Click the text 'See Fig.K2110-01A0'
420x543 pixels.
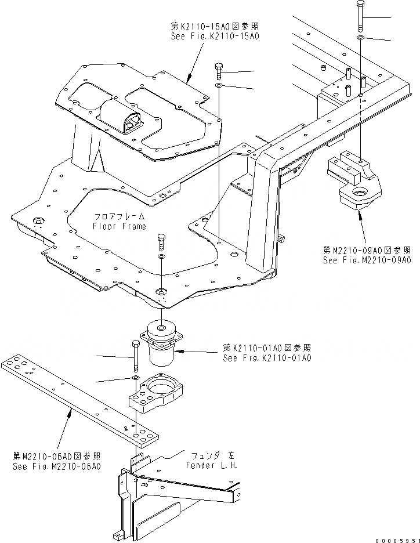[267, 358]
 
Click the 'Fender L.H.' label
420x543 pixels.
[211, 466]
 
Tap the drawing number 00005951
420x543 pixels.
[394, 538]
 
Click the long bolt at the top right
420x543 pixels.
[361, 16]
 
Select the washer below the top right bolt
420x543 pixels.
[361, 38]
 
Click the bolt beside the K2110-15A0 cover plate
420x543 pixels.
[219, 71]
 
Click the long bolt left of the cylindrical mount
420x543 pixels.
[136, 356]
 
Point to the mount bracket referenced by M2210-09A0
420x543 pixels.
[356, 183]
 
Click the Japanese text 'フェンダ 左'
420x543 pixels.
[211, 456]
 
